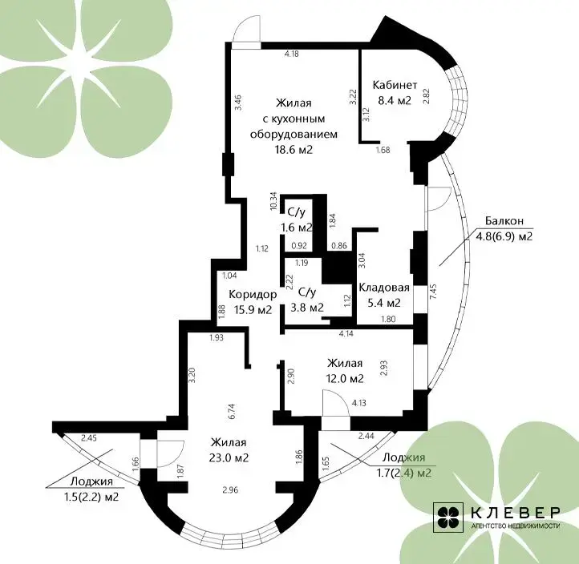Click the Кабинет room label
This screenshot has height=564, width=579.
tap(395, 85)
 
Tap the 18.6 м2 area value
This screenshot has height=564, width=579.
tap(294, 150)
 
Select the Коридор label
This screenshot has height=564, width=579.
tap(253, 294)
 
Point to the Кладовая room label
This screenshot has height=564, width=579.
tap(384, 288)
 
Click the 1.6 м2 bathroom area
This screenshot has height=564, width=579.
tap(297, 228)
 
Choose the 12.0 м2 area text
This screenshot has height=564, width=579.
tap(346, 379)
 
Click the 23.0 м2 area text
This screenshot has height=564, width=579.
tap(229, 457)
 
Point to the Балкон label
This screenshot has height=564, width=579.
tap(504, 221)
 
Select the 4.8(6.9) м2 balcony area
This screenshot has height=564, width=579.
tap(504, 236)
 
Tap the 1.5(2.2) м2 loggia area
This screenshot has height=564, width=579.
tap(91, 497)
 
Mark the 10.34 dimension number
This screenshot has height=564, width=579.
tap(273, 201)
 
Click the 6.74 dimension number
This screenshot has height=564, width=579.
tap(233, 411)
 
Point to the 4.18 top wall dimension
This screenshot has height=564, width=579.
tap(291, 54)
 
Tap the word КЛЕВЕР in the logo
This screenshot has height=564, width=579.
tap(516, 513)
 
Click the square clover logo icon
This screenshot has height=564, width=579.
tap(448, 518)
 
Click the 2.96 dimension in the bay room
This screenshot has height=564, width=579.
tap(230, 489)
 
